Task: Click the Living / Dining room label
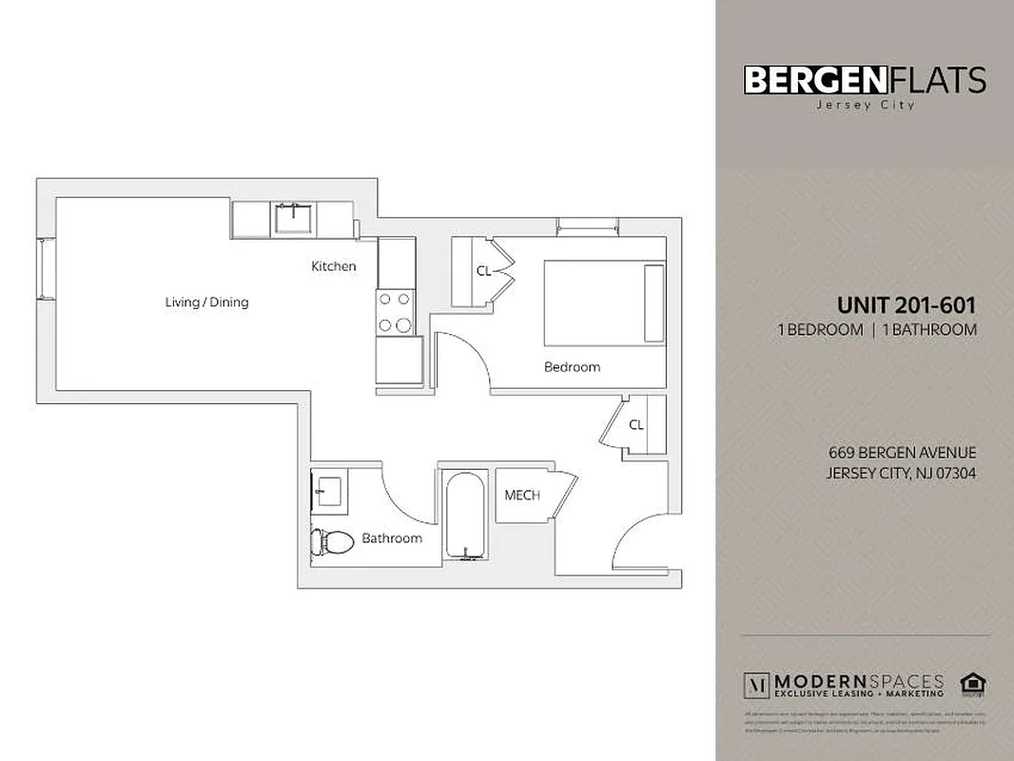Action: tap(206, 302)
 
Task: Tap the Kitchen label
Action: tap(334, 266)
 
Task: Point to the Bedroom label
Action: tap(572, 367)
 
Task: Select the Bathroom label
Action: tap(391, 538)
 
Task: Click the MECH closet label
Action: tap(522, 495)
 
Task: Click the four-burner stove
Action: tap(396, 311)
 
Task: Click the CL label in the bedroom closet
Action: tap(483, 271)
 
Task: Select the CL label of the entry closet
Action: tap(636, 425)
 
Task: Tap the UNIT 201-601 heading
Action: tap(907, 305)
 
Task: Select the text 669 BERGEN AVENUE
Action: tap(902, 453)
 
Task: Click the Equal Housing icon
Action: tap(971, 683)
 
